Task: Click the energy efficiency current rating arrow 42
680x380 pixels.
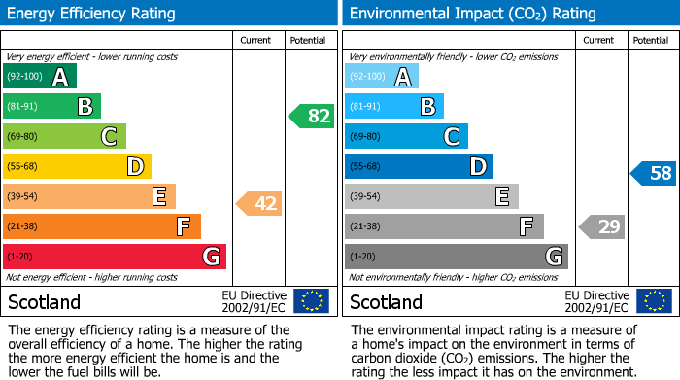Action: (x=258, y=204)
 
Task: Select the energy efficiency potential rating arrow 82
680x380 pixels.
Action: (x=311, y=116)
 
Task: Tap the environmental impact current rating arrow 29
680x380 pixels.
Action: (x=601, y=227)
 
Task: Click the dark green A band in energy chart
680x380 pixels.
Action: (x=40, y=76)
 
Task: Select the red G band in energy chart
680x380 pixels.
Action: (x=115, y=257)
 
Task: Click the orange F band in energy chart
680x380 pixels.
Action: (x=102, y=226)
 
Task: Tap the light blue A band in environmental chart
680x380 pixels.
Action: (x=382, y=76)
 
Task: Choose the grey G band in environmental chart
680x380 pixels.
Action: (x=457, y=257)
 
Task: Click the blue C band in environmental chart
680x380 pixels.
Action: (x=407, y=136)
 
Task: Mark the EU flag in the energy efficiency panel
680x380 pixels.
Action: (x=311, y=300)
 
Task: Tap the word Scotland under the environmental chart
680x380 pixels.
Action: (x=386, y=301)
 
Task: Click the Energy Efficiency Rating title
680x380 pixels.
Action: (x=92, y=14)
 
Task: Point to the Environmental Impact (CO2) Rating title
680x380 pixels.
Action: (x=472, y=14)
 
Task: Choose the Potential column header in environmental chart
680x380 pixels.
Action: (x=651, y=40)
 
